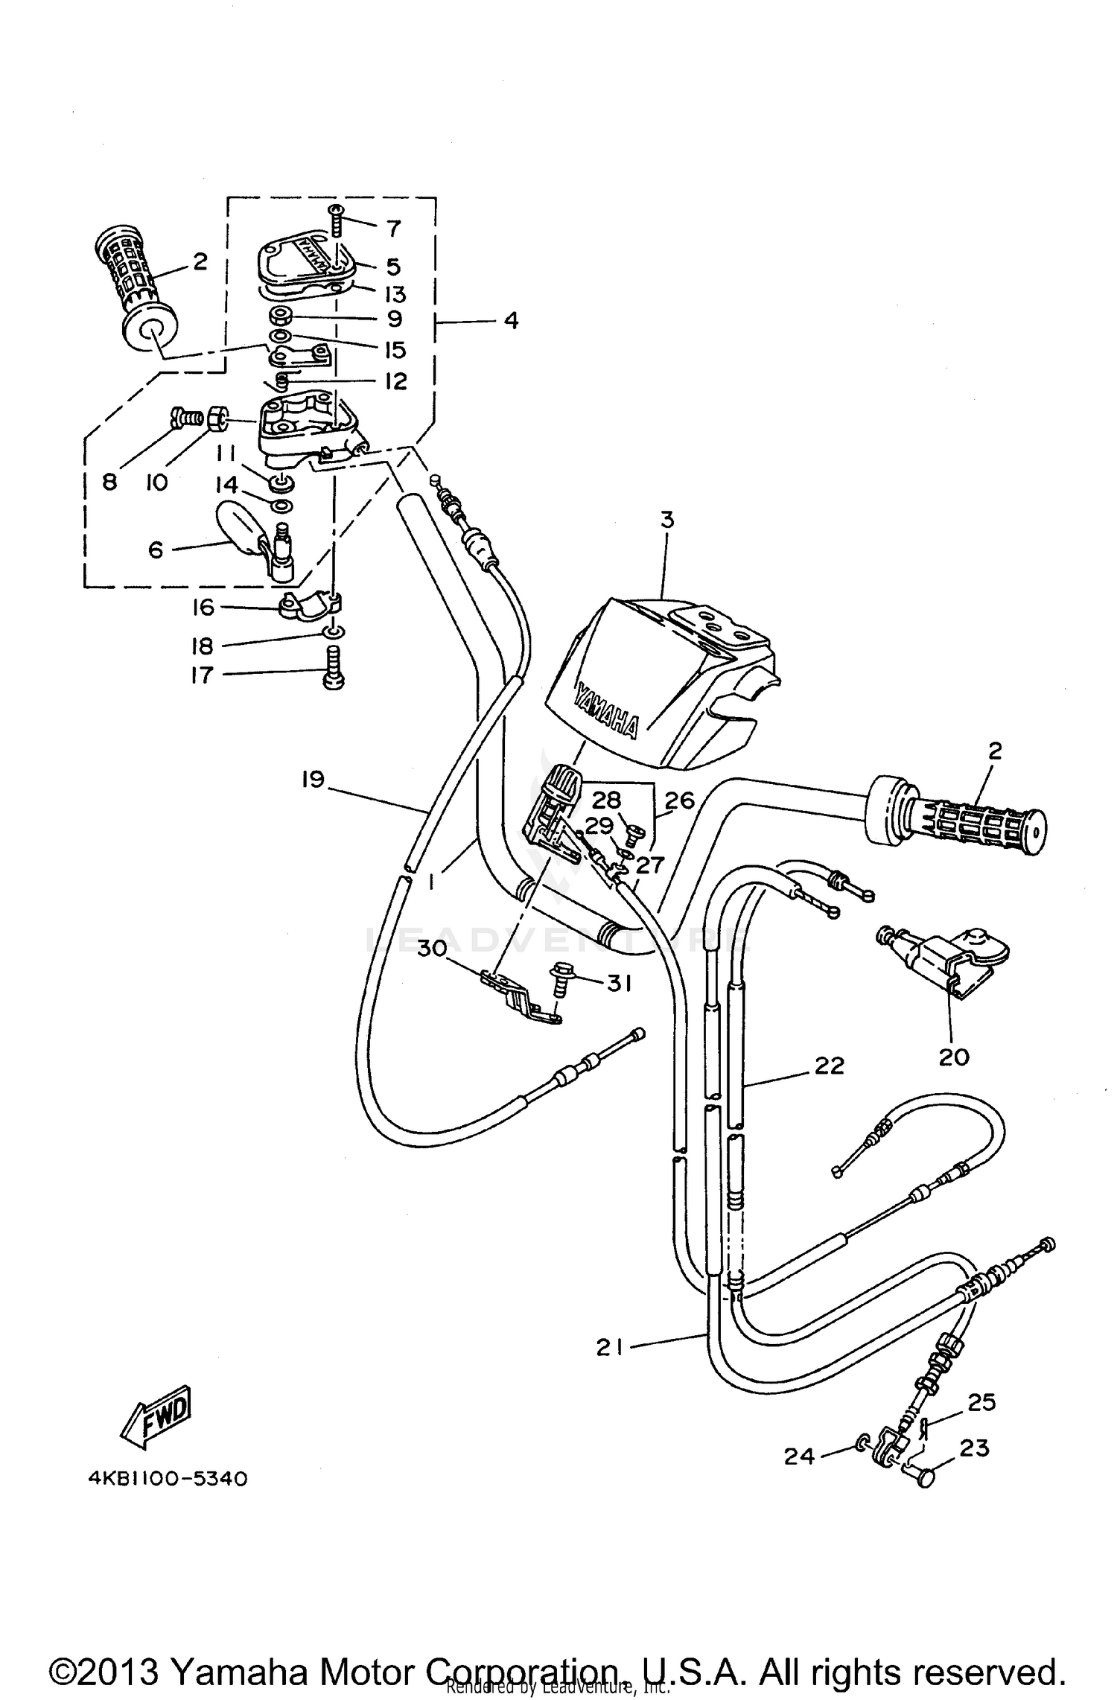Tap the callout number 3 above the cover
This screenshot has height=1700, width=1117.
tap(666, 520)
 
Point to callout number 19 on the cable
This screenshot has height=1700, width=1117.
tap(314, 780)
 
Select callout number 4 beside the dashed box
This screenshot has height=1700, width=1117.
tap(510, 321)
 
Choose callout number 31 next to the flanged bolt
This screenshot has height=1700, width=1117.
tap(618, 983)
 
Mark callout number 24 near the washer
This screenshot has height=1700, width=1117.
tap(800, 1455)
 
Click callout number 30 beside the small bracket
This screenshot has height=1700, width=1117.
tap(431, 949)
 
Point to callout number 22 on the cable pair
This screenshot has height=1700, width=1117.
tap(829, 1066)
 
